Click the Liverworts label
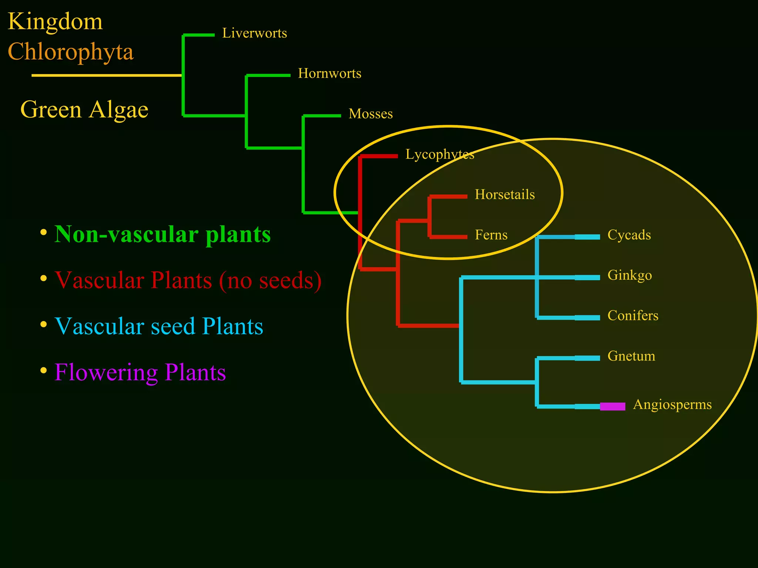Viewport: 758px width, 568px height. point(254,33)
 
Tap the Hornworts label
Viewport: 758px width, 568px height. point(329,74)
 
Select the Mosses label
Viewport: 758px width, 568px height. point(370,114)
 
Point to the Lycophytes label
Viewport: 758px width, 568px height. point(440,154)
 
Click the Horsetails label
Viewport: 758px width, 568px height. point(504,195)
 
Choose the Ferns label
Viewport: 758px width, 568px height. point(491,235)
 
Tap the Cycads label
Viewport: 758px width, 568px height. point(629,235)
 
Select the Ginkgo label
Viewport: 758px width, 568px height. point(630,275)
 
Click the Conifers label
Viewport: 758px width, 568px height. point(633,315)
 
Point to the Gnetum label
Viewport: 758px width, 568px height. point(631,356)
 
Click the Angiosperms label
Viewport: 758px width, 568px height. point(672,405)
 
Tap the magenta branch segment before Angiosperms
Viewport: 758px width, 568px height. point(613,406)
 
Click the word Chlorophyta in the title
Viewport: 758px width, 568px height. point(70,52)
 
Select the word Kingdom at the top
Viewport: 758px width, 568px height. point(55,21)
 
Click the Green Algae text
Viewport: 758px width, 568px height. point(84,110)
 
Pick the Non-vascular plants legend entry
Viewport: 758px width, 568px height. point(162,234)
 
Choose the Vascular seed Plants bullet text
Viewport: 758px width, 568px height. point(159,327)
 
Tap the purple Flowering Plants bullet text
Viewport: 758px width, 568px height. point(140,372)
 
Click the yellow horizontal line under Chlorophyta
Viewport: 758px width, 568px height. point(107,75)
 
